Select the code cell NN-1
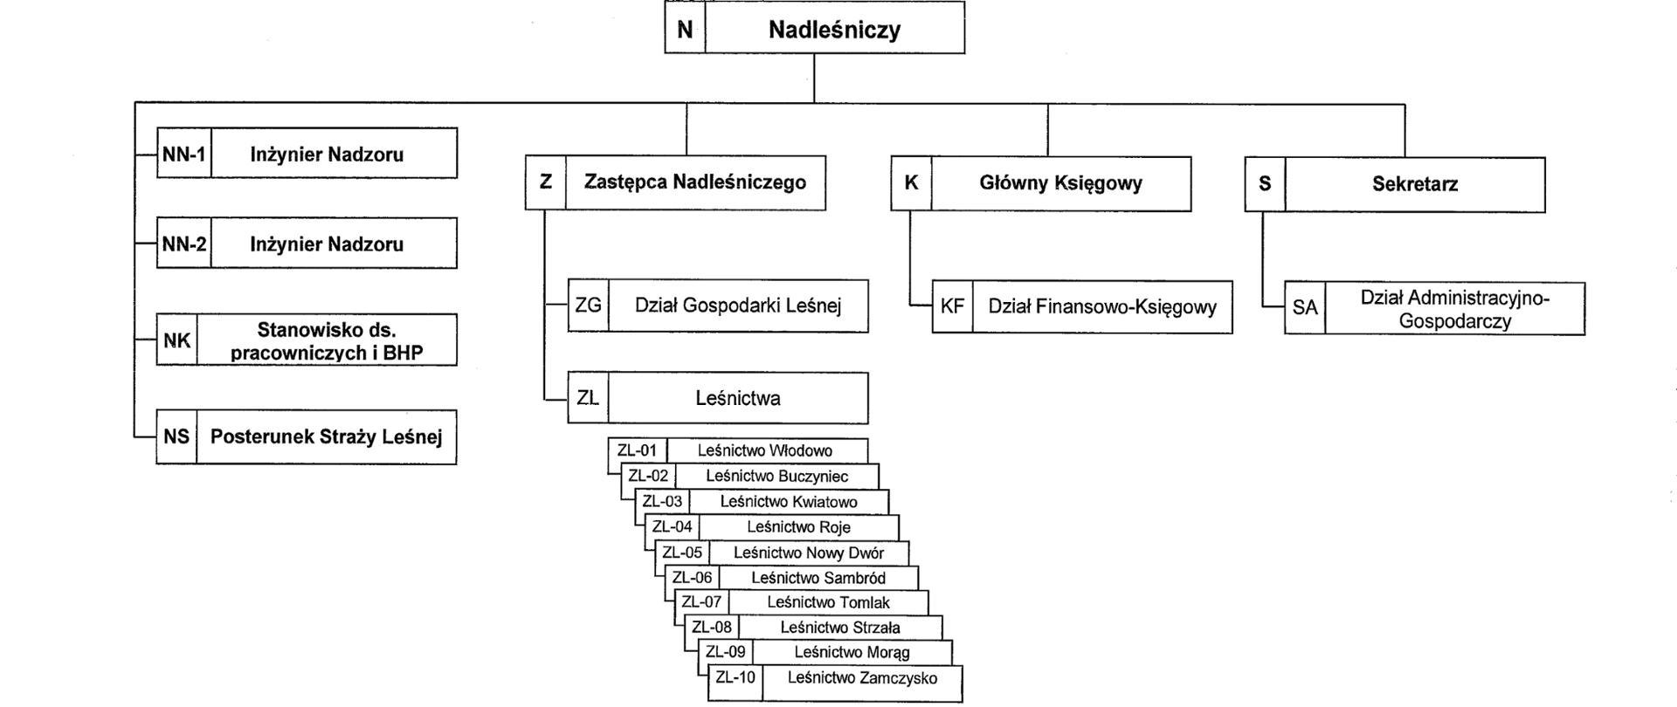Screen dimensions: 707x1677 pos(183,154)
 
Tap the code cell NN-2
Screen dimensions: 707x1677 pos(183,244)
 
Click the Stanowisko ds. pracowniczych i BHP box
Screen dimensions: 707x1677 pos(326,341)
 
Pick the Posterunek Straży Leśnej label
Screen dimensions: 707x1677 pos(326,436)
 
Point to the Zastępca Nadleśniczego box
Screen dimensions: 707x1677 pos(694,183)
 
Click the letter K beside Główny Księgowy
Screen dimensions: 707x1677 pos(911,183)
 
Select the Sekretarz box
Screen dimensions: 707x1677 pos(1414,185)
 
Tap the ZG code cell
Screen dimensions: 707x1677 pos(588,306)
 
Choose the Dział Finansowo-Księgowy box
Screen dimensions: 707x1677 pos(1101,307)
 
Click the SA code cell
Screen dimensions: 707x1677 pos(1305,308)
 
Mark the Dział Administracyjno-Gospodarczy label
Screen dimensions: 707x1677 pos(1454,309)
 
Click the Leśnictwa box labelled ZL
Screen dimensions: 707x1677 pos(738,399)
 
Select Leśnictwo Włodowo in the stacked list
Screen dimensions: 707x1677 pos(765,451)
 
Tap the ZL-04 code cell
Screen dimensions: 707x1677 pos(673,527)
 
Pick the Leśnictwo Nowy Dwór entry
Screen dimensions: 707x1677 pos(808,553)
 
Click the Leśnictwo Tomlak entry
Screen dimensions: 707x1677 pos(827,602)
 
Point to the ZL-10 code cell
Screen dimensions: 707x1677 pos(735,678)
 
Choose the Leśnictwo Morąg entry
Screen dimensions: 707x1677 pos(852,652)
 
